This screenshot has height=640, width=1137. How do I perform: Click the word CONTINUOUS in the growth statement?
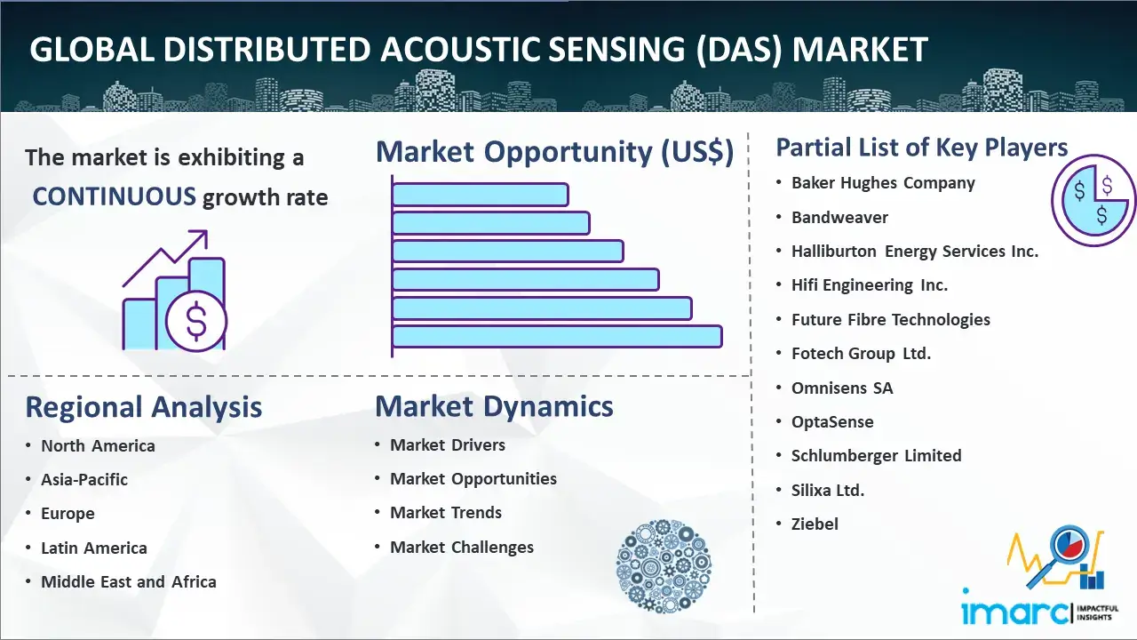click(115, 196)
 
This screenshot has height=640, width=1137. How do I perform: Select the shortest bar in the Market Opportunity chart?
click(481, 195)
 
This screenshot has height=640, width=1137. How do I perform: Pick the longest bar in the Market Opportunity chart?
click(557, 337)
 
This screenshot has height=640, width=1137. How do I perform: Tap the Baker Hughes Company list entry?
click(883, 183)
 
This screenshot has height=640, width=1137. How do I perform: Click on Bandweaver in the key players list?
click(839, 218)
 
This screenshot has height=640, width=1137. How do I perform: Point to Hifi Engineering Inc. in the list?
click(870, 285)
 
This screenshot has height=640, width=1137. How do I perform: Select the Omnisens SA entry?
click(842, 388)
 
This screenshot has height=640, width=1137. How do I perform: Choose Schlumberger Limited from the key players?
click(876, 456)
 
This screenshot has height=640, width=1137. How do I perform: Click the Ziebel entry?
click(815, 524)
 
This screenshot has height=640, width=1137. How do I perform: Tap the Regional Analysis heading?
click(144, 407)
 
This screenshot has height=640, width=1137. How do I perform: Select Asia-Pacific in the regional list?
click(84, 479)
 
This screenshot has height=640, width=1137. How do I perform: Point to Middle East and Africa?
click(129, 581)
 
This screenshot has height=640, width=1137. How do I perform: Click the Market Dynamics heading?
click(494, 406)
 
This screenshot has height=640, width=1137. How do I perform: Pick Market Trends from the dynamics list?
click(446, 513)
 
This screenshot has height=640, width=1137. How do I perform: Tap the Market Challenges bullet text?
click(462, 547)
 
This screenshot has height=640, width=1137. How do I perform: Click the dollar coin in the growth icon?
click(196, 322)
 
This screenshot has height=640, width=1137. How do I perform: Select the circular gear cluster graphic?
click(664, 566)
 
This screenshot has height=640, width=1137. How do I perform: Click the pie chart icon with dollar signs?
click(1093, 201)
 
